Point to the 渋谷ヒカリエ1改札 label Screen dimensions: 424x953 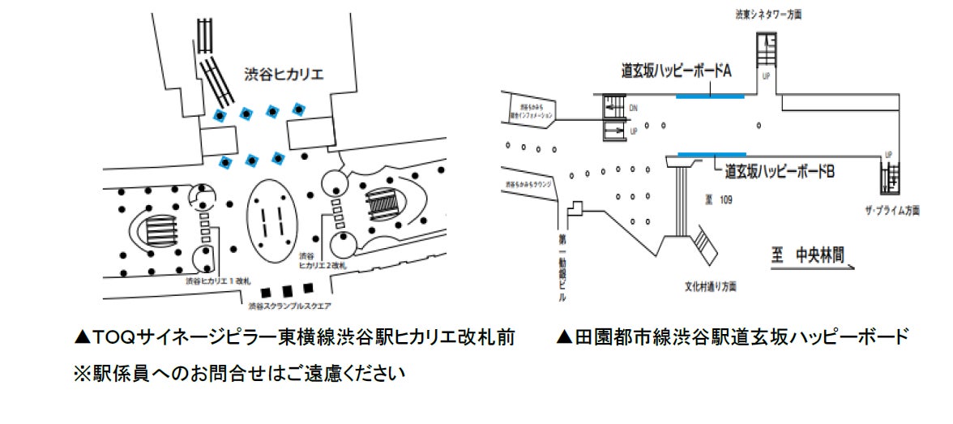click(x=214, y=281)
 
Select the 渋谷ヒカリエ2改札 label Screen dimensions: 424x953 click(x=323, y=260)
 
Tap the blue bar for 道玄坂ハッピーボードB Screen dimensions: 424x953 click(x=712, y=154)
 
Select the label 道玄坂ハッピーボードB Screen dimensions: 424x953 click(x=774, y=171)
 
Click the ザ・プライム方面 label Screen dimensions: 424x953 click(x=891, y=211)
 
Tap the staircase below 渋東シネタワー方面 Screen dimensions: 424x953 click(x=766, y=49)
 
